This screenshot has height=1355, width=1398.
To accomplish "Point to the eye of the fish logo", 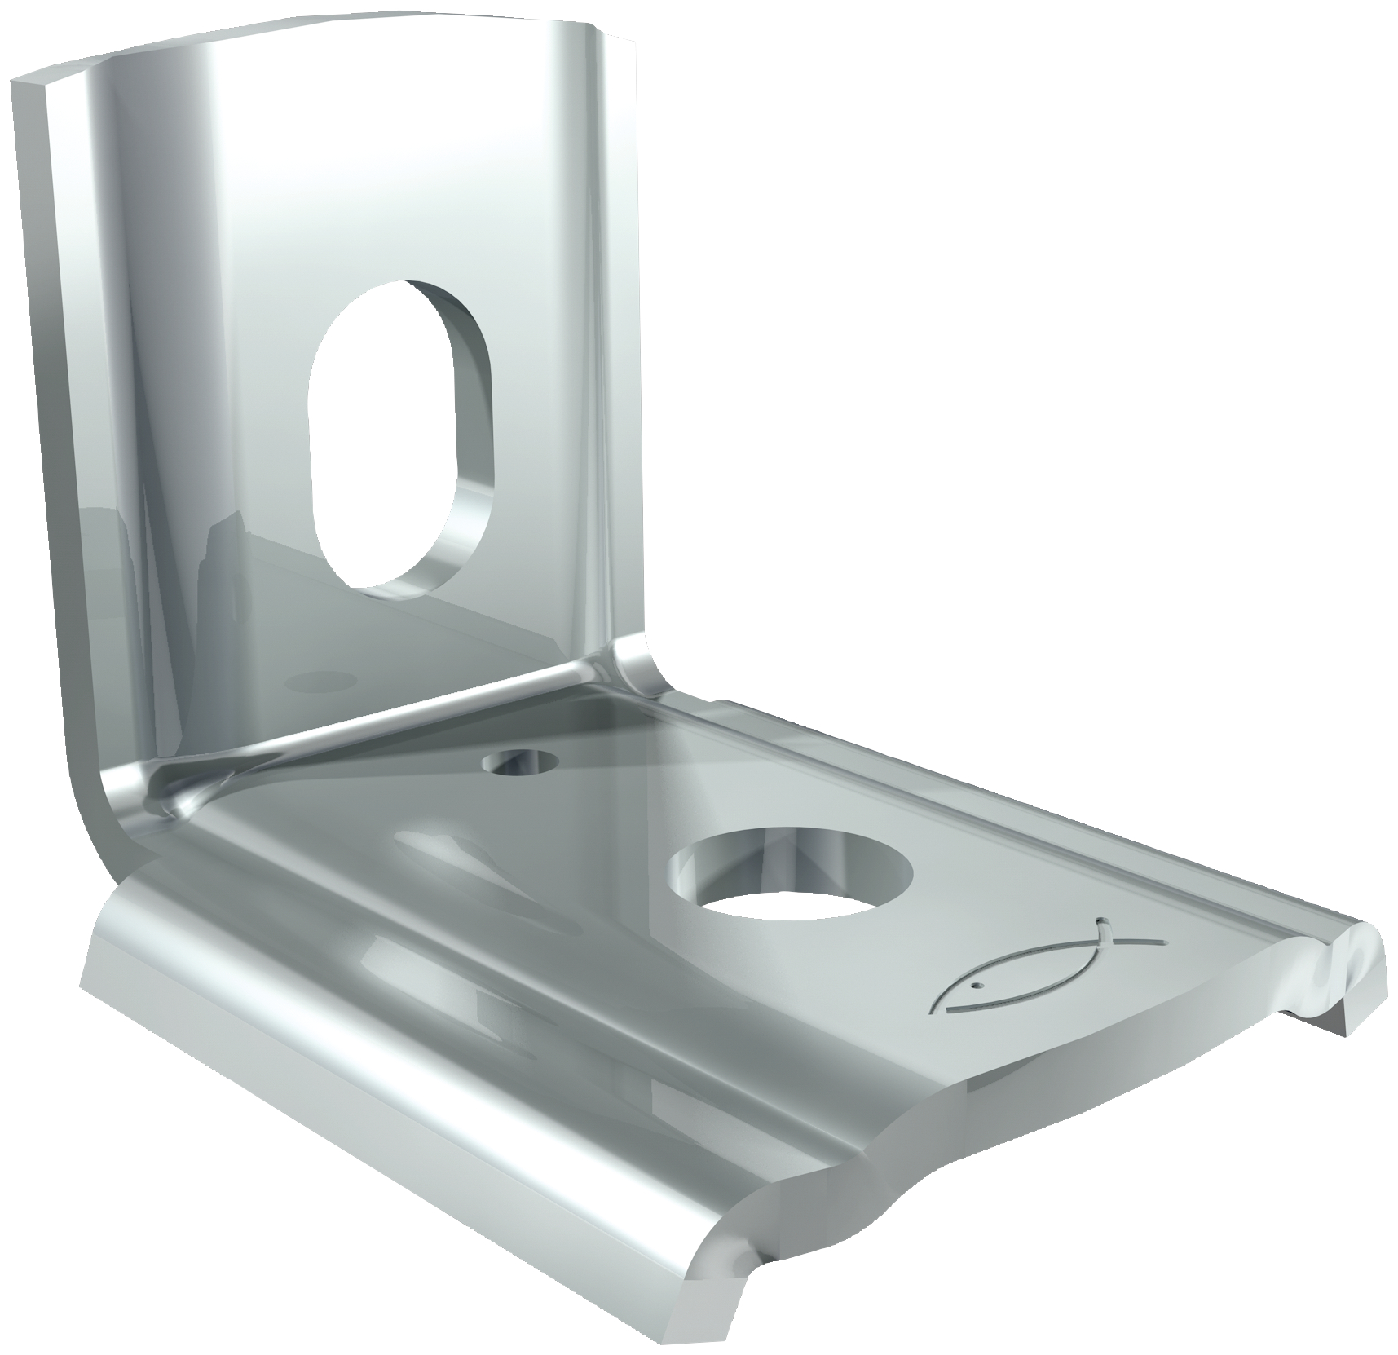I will click(976, 986).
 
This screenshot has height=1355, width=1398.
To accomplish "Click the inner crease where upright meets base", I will click(383, 717).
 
